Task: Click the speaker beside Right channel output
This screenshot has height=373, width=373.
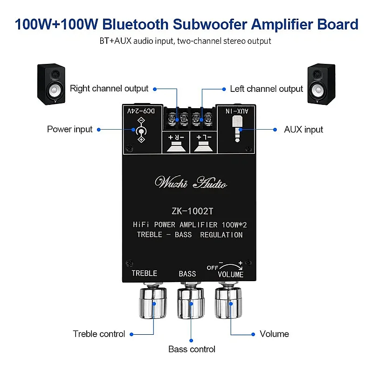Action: tap(51, 84)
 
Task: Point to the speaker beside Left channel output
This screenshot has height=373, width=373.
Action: tap(321, 84)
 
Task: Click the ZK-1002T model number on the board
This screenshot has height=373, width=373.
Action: tap(193, 211)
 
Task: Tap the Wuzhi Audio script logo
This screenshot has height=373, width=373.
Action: tap(191, 183)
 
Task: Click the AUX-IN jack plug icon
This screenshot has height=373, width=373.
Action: tap(237, 129)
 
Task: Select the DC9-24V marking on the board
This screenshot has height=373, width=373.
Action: tap(141, 111)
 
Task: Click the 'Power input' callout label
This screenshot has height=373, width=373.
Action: tap(69, 129)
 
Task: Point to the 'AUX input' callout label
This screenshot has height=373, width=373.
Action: tap(304, 130)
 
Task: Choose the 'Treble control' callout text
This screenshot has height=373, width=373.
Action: tap(99, 334)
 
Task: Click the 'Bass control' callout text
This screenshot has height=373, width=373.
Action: tap(192, 349)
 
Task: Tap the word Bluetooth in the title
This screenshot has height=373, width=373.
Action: tap(135, 24)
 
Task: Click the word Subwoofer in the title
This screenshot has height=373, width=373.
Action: tap(210, 24)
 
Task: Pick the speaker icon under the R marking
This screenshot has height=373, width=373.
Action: tap(176, 146)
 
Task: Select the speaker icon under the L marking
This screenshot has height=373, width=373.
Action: tap(203, 146)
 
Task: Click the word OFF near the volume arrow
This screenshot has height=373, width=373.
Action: tap(213, 268)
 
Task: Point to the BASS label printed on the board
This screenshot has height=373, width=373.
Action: tap(187, 274)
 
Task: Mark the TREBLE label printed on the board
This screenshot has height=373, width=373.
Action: tap(145, 273)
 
